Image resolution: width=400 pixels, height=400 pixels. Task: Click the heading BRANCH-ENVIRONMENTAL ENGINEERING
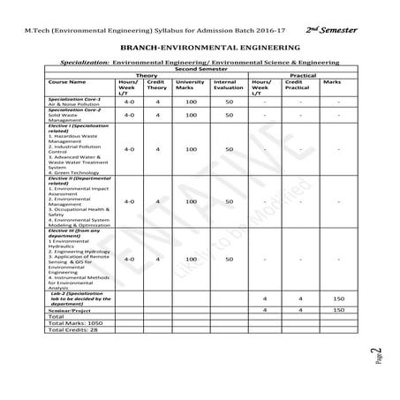coord(199,43)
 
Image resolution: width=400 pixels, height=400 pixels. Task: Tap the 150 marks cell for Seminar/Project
coord(338,312)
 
